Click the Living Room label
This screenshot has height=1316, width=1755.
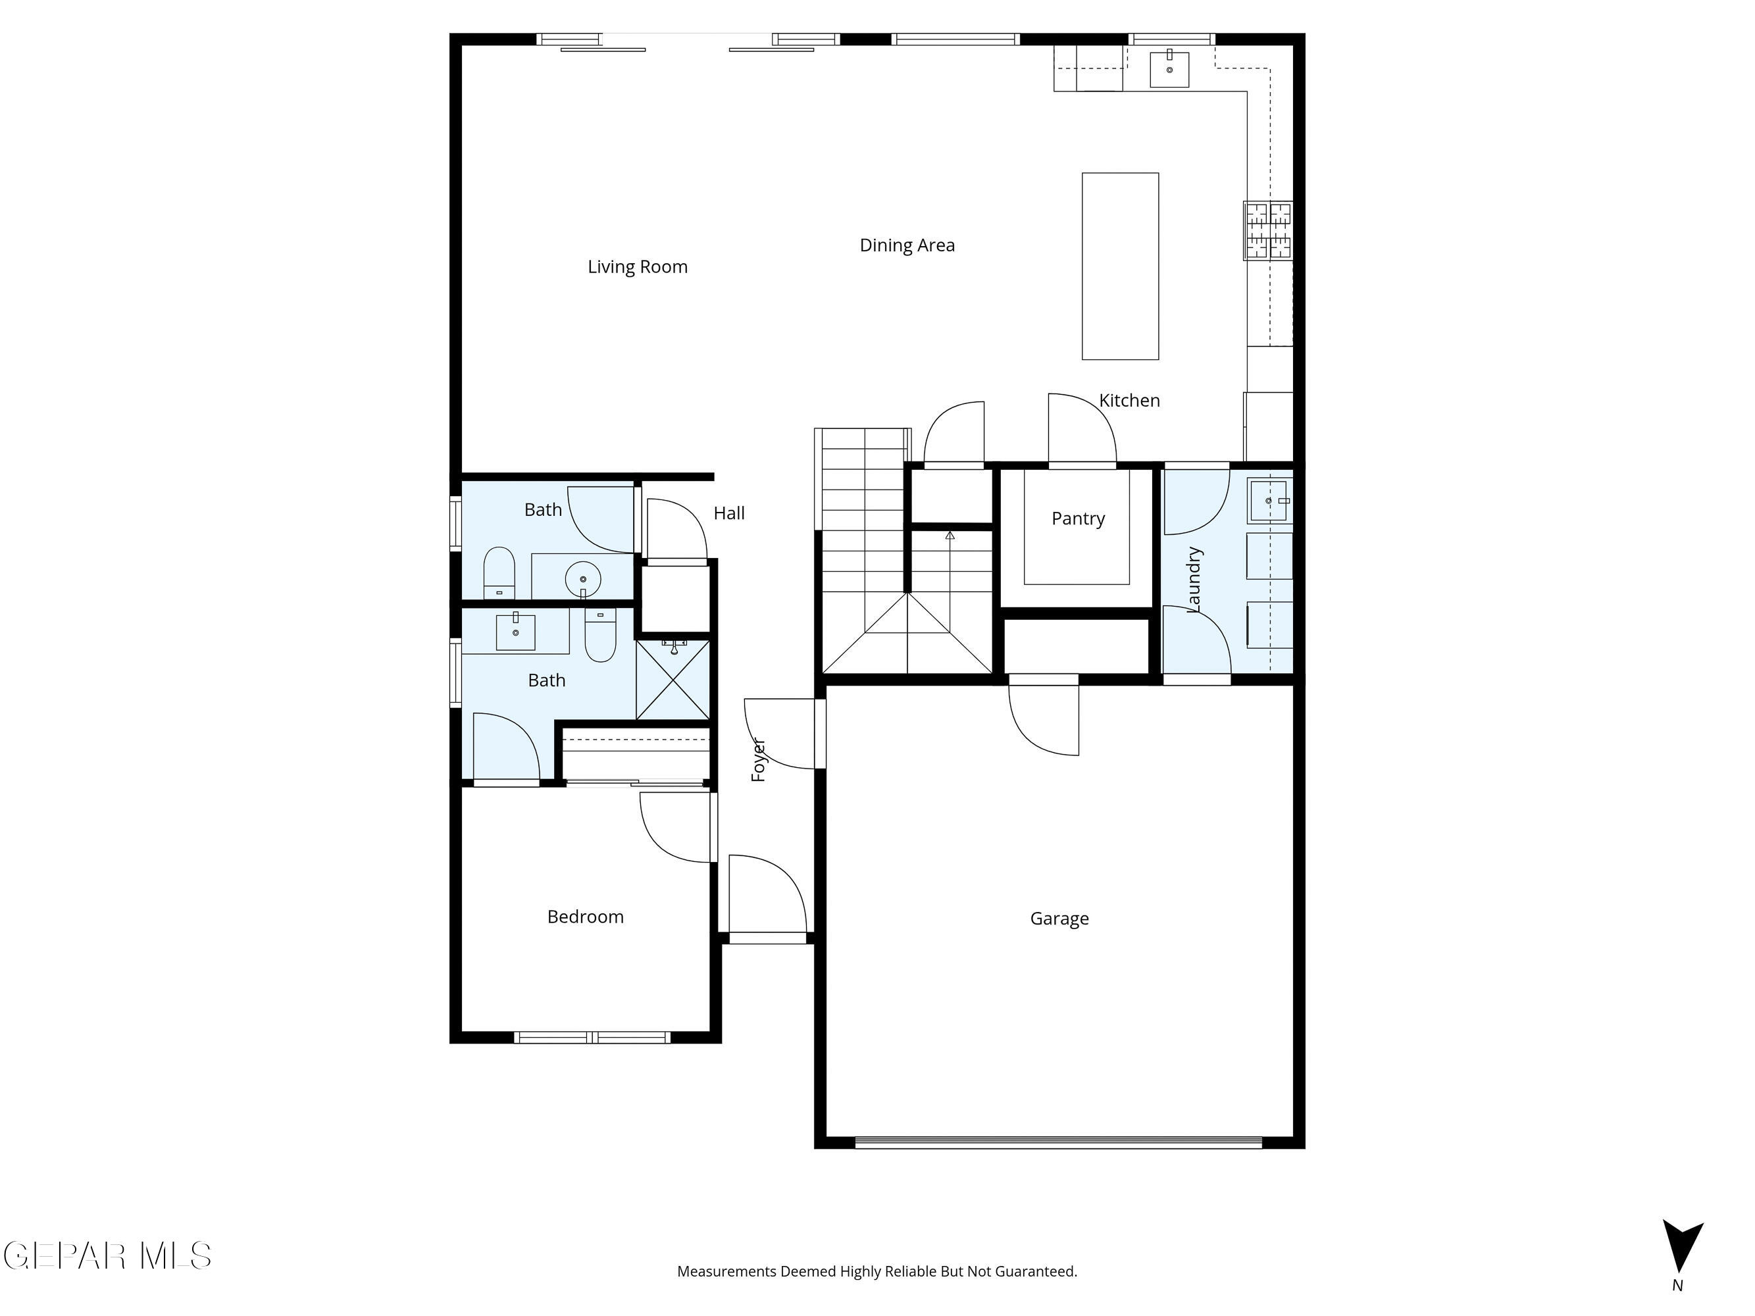pyautogui.click(x=637, y=267)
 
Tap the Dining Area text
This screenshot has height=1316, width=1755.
pyautogui.click(x=907, y=246)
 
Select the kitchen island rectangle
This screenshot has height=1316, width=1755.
pyautogui.click(x=1119, y=266)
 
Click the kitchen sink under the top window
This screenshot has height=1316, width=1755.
pyautogui.click(x=1169, y=69)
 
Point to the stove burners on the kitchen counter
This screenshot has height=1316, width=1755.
pyautogui.click(x=1268, y=231)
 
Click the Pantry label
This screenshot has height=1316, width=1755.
pyautogui.click(x=1077, y=519)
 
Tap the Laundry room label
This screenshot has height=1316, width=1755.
pyautogui.click(x=1193, y=580)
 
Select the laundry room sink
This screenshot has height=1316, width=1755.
pyautogui.click(x=1268, y=501)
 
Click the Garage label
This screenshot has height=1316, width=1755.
pyautogui.click(x=1059, y=919)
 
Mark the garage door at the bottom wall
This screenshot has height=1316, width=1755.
pyautogui.click(x=1057, y=1143)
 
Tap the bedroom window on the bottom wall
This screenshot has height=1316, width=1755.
pyautogui.click(x=592, y=1037)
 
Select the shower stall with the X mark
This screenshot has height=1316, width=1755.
pyautogui.click(x=673, y=680)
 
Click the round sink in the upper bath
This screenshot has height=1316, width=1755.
pyautogui.click(x=583, y=579)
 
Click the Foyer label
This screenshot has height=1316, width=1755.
pyautogui.click(x=759, y=760)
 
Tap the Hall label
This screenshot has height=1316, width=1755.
pyautogui.click(x=728, y=514)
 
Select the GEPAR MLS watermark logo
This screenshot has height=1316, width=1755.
pyautogui.click(x=107, y=1255)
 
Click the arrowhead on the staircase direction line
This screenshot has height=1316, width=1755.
pyautogui.click(x=950, y=536)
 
